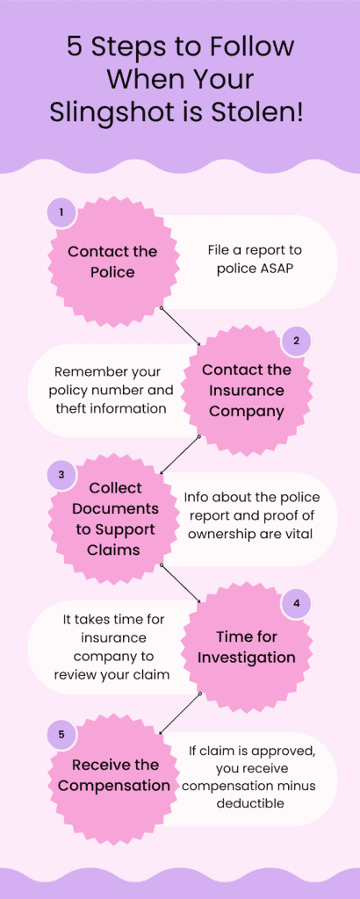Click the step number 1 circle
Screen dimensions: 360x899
tap(61, 212)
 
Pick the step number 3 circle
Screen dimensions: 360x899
tap(61, 474)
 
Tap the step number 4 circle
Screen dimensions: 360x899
tap(297, 603)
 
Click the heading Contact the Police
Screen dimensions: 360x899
tap(112, 262)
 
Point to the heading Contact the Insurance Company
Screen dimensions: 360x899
tap(247, 391)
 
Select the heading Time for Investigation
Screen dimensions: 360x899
tap(247, 647)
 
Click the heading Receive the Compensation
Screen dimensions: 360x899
tap(113, 775)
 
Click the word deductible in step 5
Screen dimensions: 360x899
tap(250, 804)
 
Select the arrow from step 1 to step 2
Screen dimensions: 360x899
tap(181, 327)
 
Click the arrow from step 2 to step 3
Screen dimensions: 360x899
tap(180, 455)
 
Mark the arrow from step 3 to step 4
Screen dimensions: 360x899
tap(181, 584)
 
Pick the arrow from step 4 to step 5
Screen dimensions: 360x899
tap(180, 712)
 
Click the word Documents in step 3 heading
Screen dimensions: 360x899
tap(115, 508)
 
